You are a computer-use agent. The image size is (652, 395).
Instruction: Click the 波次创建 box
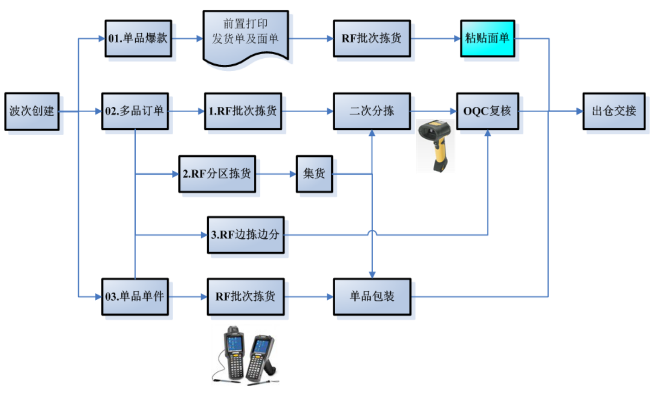point(32,111)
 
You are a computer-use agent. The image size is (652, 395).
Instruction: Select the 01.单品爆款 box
point(138,38)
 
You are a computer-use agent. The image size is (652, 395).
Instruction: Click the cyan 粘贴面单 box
point(487,38)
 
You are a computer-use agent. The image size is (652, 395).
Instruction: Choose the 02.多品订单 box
point(135,111)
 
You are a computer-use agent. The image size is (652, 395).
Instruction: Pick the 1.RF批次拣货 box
point(243,111)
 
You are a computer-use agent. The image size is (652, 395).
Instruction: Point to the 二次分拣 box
point(372,111)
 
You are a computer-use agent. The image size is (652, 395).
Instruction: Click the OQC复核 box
point(487,111)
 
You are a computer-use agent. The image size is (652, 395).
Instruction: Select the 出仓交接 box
point(614,111)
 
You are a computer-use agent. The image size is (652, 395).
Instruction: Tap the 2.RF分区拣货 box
point(217,174)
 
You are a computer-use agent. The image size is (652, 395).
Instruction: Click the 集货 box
point(314,174)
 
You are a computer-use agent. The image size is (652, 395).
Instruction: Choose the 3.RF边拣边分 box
point(245,235)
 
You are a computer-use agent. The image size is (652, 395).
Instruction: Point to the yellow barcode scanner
point(435,144)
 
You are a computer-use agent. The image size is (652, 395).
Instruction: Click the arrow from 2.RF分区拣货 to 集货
point(276,174)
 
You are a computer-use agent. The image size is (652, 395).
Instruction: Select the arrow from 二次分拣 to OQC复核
point(433,111)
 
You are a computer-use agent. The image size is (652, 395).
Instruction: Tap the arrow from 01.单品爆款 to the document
point(188,38)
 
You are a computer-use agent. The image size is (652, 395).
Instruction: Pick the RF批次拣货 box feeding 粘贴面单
point(372,38)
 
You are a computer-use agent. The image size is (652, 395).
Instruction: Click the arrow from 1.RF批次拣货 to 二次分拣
point(307,111)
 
